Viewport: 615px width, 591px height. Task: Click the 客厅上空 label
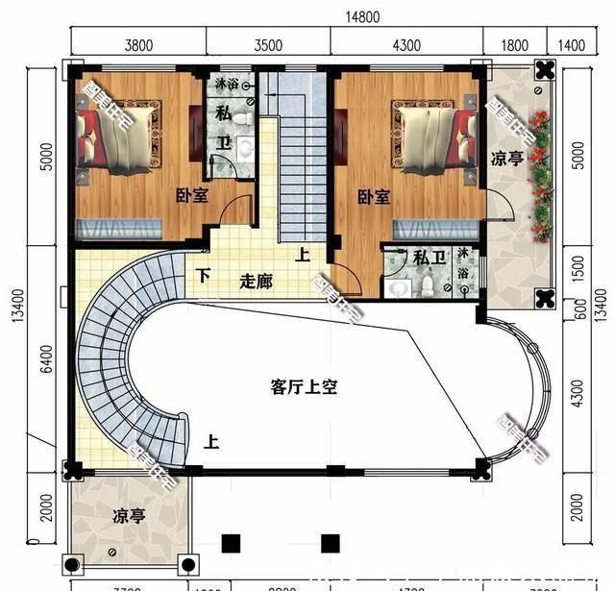(x=304, y=387)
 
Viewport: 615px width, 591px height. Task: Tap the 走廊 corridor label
(x=257, y=283)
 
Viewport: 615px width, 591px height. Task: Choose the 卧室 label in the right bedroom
(x=373, y=197)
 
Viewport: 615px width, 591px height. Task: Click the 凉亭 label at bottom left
(x=129, y=516)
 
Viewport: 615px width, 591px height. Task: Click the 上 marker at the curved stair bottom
(x=211, y=443)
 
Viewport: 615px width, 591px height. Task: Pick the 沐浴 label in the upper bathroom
(x=229, y=85)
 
